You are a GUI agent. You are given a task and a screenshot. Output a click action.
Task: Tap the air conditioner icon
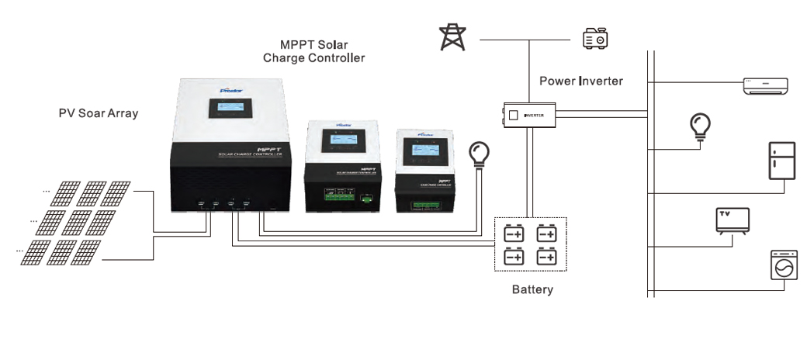[767, 86]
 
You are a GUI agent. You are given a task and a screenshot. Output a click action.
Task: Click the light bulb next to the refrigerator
[701, 126]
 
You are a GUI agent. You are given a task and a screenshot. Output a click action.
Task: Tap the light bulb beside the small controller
[480, 155]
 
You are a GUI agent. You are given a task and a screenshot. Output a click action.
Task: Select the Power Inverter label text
[581, 81]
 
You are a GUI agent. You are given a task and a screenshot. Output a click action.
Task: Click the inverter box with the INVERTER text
[529, 116]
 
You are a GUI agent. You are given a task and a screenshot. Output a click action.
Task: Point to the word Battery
[532, 290]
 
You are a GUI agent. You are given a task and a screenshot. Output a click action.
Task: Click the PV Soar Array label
[99, 113]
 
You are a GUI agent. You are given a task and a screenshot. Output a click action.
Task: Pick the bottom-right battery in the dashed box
[547, 256]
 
